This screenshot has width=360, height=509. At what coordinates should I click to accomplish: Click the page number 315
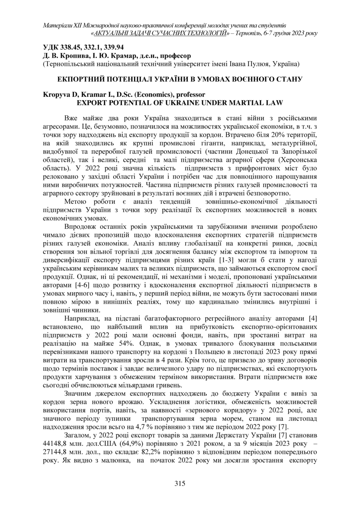180,483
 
